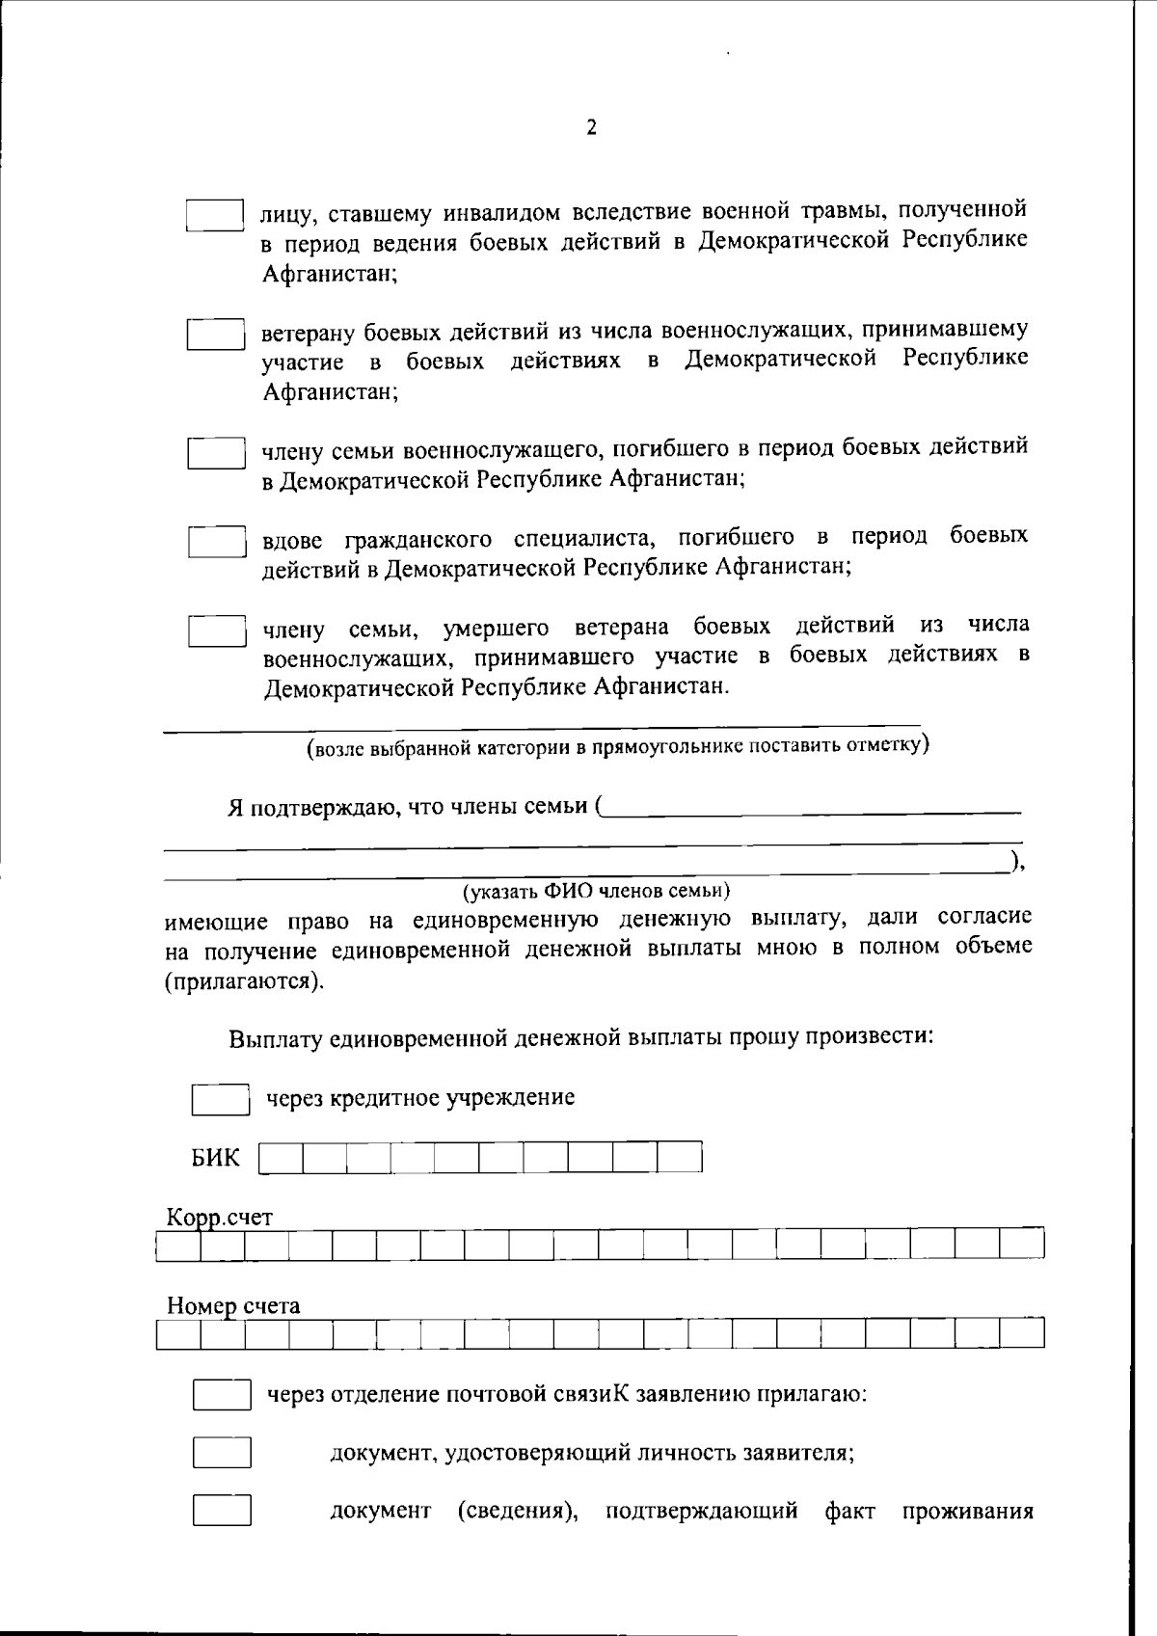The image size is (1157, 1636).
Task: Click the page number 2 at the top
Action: pos(591,128)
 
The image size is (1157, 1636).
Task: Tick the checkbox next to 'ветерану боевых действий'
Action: pos(215,335)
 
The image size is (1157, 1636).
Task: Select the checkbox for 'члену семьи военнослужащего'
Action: pos(216,453)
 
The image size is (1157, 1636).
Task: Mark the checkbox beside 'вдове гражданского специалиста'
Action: pos(217,542)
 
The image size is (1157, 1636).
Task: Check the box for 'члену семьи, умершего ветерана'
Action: pos(217,631)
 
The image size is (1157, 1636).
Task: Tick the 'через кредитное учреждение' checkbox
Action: pos(221,1100)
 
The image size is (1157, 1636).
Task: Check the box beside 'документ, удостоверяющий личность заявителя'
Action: pos(222,1453)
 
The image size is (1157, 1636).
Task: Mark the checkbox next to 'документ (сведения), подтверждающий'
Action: pos(222,1511)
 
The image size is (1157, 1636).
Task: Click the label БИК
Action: pos(215,1158)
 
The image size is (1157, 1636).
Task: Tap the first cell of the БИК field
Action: pos(281,1158)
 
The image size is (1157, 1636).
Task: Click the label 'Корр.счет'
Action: pos(219,1218)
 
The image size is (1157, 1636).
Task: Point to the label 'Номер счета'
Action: pos(233,1306)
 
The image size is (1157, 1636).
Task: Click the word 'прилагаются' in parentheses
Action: pos(243,982)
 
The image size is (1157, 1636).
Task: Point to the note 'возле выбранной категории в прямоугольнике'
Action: pos(617,746)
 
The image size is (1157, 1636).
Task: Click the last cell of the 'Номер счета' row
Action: pos(1022,1334)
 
